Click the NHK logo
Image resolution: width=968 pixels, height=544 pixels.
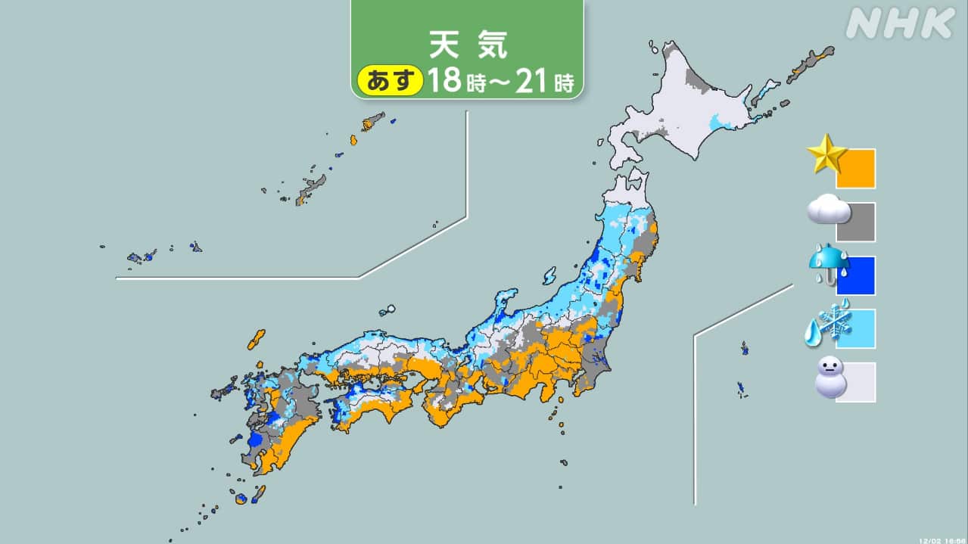click(x=899, y=24)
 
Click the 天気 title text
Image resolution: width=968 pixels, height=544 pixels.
click(x=467, y=45)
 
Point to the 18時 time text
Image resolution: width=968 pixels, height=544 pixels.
click(x=454, y=80)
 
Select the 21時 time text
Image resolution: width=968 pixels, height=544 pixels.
click(x=543, y=80)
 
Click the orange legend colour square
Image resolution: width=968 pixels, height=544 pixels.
click(x=856, y=169)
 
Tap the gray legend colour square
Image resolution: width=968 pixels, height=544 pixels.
click(x=856, y=222)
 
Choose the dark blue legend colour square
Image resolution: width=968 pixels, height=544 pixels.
click(x=856, y=276)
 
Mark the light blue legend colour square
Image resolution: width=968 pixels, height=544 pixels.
click(x=856, y=329)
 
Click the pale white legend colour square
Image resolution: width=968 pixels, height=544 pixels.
click(x=856, y=383)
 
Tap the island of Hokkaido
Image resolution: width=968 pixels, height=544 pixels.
click(x=681, y=113)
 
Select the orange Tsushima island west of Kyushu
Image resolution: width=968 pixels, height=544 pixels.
click(x=256, y=340)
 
